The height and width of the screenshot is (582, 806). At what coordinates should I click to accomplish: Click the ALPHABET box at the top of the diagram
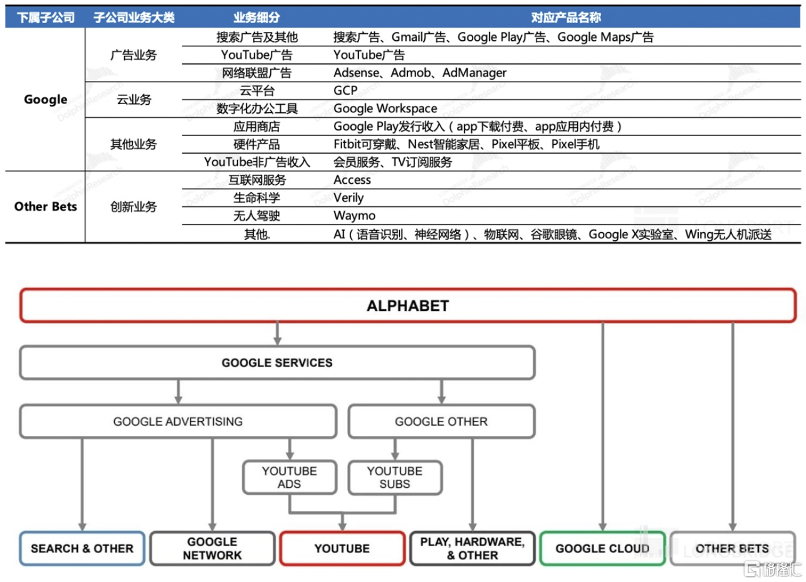pyautogui.click(x=407, y=306)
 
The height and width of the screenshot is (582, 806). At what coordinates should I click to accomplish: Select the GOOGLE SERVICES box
pyautogui.click(x=277, y=362)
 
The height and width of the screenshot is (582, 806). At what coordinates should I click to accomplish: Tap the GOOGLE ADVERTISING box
pyautogui.click(x=178, y=421)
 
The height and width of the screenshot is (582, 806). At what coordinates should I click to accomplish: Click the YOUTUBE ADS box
pyautogui.click(x=289, y=477)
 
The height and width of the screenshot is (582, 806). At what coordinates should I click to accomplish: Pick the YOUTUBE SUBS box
pyautogui.click(x=394, y=477)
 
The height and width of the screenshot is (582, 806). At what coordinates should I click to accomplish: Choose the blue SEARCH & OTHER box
pyautogui.click(x=82, y=549)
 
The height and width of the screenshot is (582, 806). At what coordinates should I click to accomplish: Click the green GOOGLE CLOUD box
pyautogui.click(x=602, y=549)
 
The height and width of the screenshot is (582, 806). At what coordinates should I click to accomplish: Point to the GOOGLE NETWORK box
pyautogui.click(x=212, y=549)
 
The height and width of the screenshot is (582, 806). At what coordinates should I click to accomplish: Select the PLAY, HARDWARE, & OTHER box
pyautogui.click(x=472, y=549)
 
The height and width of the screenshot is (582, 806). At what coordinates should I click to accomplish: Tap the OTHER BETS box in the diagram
pyautogui.click(x=732, y=549)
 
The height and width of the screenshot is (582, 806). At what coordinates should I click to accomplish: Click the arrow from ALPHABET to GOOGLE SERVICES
pyautogui.click(x=277, y=333)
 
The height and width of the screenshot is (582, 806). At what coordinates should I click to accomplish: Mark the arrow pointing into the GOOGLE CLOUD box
pyautogui.click(x=603, y=426)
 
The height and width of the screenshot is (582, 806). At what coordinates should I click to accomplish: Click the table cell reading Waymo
pyautogui.click(x=355, y=216)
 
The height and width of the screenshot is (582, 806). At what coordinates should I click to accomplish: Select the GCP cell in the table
pyautogui.click(x=345, y=90)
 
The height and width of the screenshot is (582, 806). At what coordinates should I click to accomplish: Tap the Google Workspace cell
pyautogui.click(x=385, y=108)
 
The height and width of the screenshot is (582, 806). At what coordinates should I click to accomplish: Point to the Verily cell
pyautogui.click(x=348, y=198)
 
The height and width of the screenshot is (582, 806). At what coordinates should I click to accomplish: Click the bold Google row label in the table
pyautogui.click(x=45, y=99)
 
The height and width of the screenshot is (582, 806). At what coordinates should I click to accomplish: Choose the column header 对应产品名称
pyautogui.click(x=565, y=18)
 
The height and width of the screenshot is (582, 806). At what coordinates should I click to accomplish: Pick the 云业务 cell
pyautogui.click(x=133, y=99)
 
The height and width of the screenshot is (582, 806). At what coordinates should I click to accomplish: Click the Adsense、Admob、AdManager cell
pyautogui.click(x=420, y=73)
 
